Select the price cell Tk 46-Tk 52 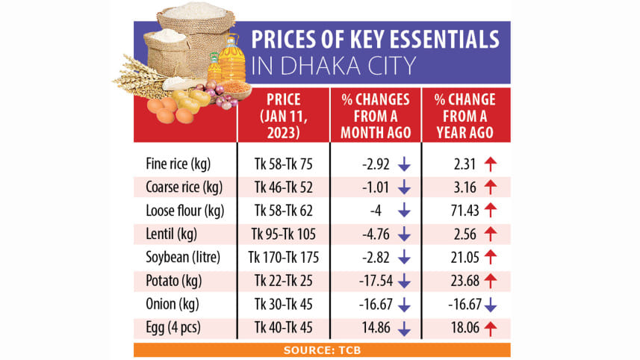click(283, 187)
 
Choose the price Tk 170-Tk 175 click(283, 258)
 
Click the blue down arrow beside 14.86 click(404, 329)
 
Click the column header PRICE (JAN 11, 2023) click(283, 114)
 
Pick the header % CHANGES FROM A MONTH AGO click(376, 114)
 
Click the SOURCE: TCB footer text click(322, 350)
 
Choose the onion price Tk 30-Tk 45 click(283, 305)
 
